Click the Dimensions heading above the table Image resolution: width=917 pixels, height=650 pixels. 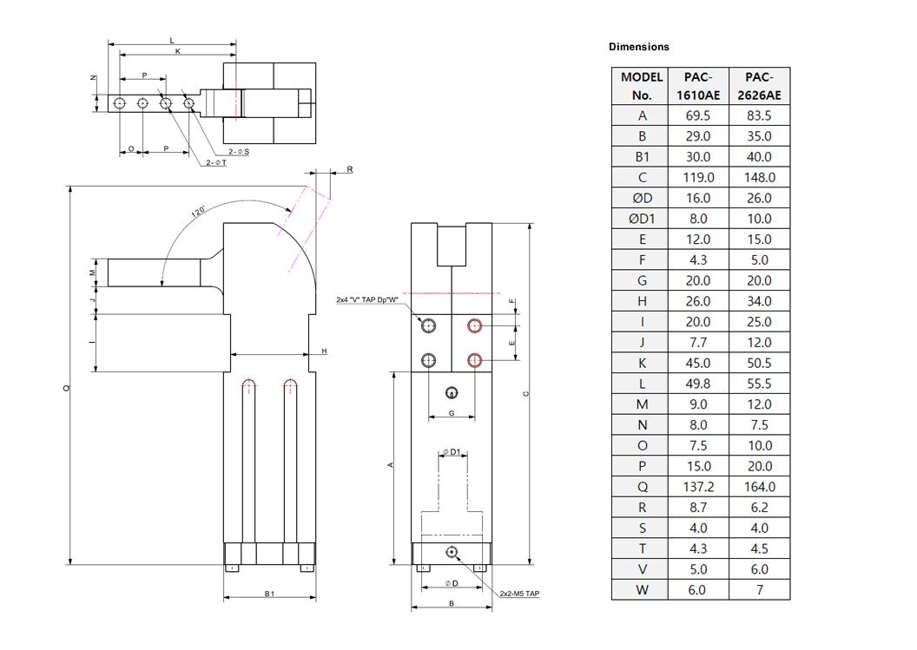coord(639,47)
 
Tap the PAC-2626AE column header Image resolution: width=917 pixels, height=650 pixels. coord(759,86)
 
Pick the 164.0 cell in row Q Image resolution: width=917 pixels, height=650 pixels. coord(759,487)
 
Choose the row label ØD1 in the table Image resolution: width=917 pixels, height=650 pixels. coord(643,219)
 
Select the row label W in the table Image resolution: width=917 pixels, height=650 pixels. coord(643,590)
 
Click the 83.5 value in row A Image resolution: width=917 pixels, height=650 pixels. coord(759,115)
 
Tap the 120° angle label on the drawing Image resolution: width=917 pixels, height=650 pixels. coord(199,212)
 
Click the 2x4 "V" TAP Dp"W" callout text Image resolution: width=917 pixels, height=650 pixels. coord(367,299)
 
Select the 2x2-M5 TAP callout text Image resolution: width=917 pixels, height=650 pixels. coord(519,594)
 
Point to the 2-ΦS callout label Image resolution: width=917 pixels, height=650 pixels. coord(239,152)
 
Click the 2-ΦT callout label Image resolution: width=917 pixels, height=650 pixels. coord(215,162)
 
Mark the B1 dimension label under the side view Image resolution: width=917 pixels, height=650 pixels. coord(269,594)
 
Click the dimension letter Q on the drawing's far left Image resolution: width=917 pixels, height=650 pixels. coord(66,389)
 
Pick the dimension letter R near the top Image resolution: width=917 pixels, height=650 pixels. coord(350,169)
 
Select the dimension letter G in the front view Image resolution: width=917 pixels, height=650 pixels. coord(451,413)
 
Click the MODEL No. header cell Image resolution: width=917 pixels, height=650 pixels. coord(643,86)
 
